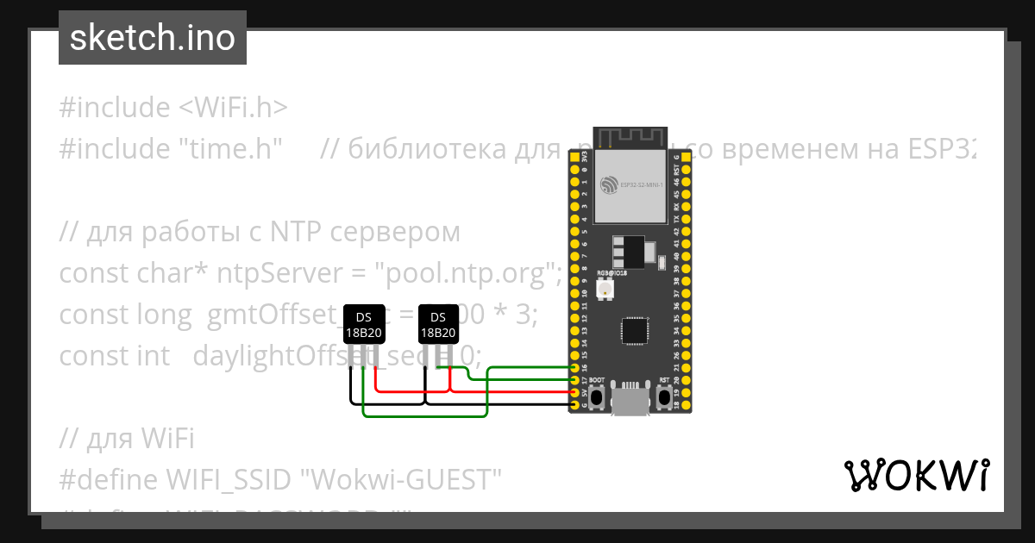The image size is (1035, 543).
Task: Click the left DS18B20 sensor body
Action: (363, 326)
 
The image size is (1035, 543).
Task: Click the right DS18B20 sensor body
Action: (438, 326)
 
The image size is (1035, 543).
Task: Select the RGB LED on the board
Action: (606, 290)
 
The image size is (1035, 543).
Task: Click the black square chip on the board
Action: (635, 331)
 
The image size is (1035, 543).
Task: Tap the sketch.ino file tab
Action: (153, 38)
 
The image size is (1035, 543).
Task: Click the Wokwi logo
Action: (917, 475)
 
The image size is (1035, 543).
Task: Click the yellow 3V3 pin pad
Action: (574, 159)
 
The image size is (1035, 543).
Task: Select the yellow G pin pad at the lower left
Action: (574, 405)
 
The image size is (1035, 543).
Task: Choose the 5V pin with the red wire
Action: (574, 393)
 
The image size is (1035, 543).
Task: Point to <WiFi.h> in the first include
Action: (233, 108)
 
